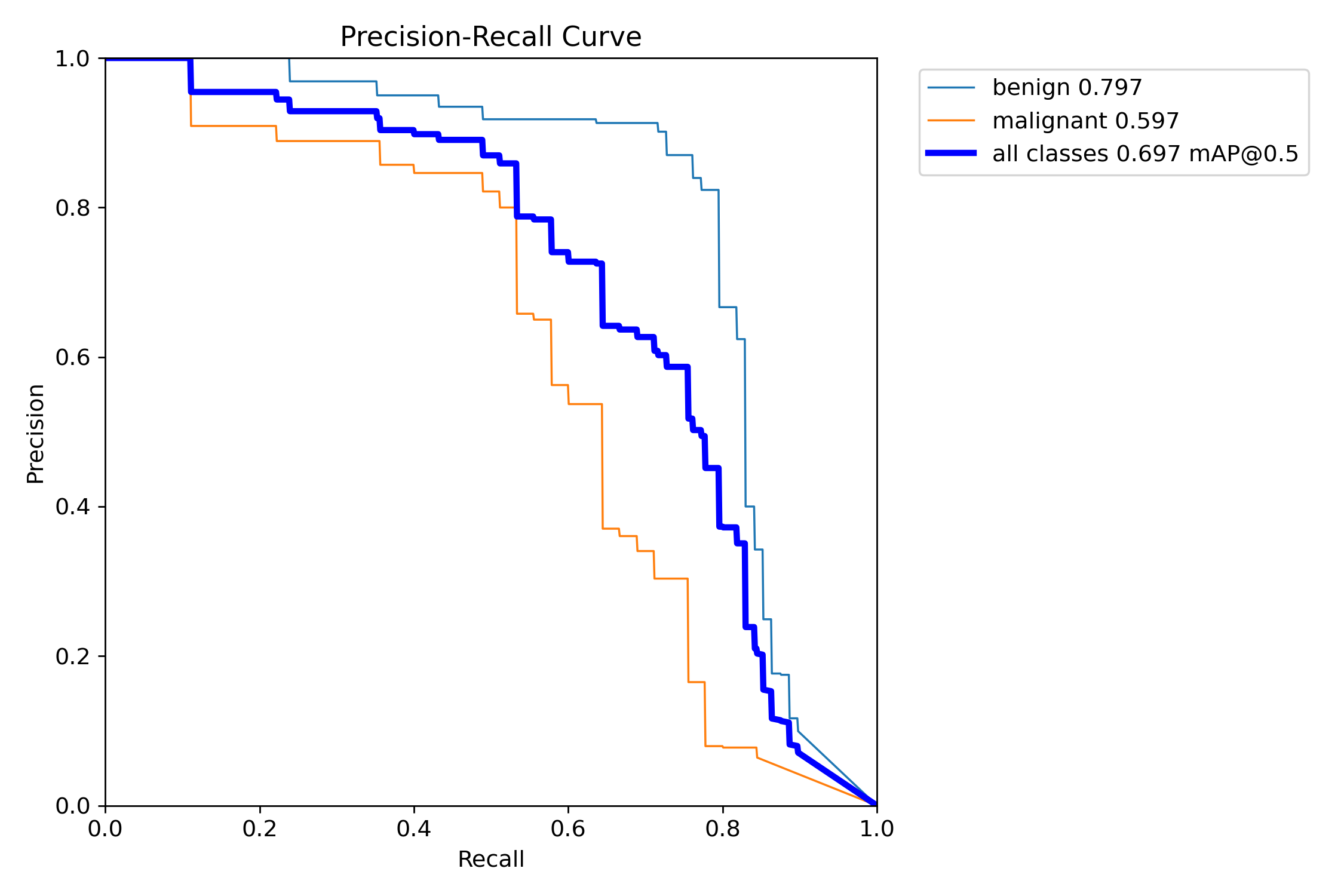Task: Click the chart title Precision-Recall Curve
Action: click(490, 37)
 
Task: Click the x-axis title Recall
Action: click(490, 860)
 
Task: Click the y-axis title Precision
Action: click(35, 434)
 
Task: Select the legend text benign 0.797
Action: click(1067, 88)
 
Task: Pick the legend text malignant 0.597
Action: click(1085, 121)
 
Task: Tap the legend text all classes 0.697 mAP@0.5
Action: click(1145, 154)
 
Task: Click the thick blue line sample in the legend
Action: click(951, 154)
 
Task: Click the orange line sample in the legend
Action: click(951, 121)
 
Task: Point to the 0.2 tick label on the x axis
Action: click(260, 829)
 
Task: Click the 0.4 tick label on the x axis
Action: click(414, 829)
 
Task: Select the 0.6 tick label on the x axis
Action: click(568, 829)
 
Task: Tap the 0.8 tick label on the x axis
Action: click(722, 829)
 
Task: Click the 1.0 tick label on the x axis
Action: click(876, 829)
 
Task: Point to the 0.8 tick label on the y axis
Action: click(72, 208)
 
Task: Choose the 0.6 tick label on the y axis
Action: click(72, 358)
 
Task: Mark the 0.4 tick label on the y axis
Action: click(72, 507)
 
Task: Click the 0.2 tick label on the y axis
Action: click(72, 656)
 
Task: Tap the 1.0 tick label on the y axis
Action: click(72, 59)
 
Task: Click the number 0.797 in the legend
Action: click(1110, 88)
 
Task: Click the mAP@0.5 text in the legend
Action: click(1244, 154)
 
